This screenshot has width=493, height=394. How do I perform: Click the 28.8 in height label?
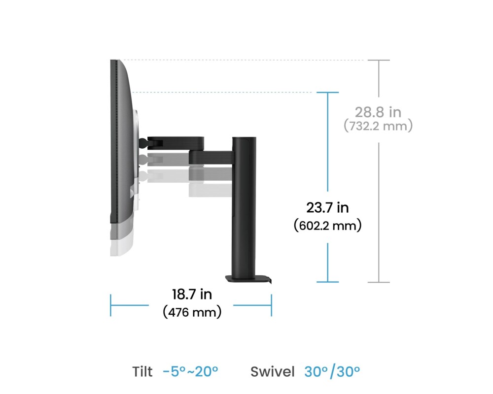coord(378,112)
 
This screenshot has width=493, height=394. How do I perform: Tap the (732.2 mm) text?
coord(378,126)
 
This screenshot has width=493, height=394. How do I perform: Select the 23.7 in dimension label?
coord(328,208)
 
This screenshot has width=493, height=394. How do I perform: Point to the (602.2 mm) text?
coord(328,226)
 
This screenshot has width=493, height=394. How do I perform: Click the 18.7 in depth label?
coord(192,295)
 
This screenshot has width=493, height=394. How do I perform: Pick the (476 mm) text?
coord(192,312)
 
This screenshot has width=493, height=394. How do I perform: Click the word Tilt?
coord(142,372)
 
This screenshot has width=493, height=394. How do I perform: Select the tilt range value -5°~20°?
coord(190,372)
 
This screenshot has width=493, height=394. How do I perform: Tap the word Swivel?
coord(272,372)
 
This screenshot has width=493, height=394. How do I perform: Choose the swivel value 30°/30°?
coord(332,372)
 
